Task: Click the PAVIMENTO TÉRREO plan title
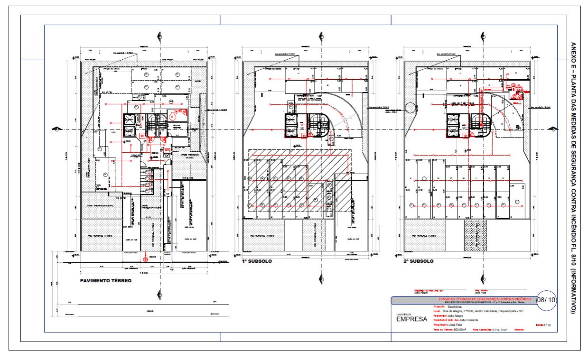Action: [x=106, y=281]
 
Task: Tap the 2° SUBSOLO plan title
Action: [x=418, y=261]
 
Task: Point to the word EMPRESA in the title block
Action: [x=412, y=319]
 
